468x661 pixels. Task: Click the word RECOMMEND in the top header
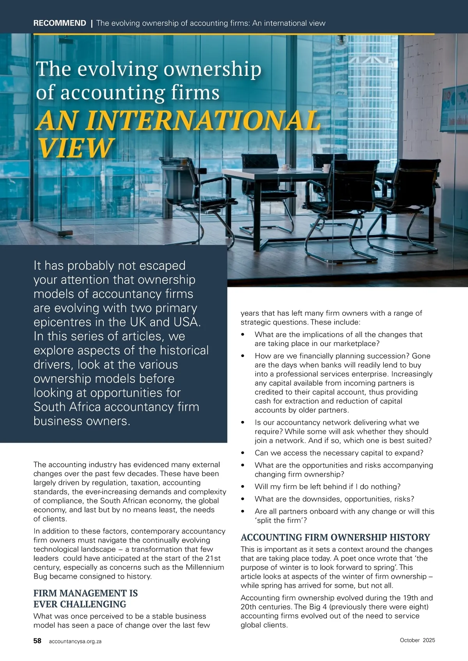60,23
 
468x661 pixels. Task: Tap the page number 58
37,641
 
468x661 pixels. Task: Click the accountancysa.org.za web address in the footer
75,641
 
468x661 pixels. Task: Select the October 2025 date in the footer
417,640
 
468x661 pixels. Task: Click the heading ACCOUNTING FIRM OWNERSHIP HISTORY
335,537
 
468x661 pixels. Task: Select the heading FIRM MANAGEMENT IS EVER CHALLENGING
85,599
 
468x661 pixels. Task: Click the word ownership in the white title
212,69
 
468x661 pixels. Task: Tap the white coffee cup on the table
286,167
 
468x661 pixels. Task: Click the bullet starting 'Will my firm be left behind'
328,487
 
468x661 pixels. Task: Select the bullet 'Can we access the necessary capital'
339,453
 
